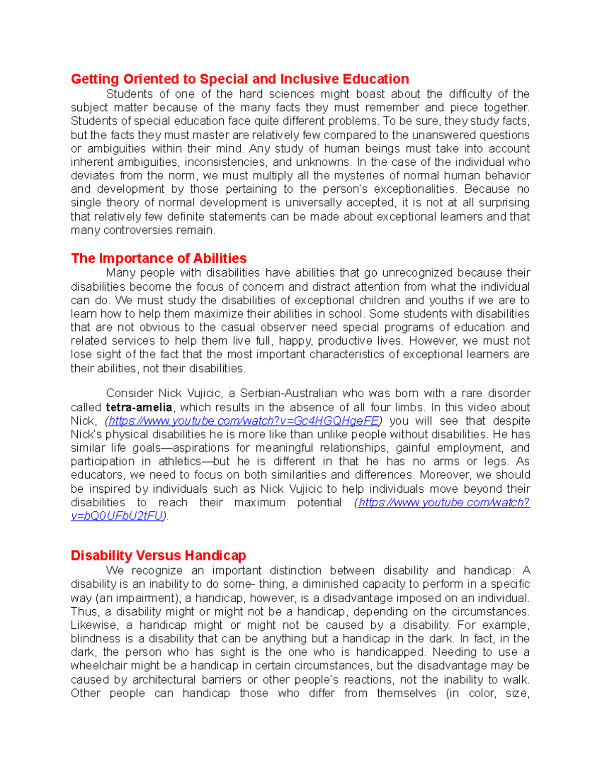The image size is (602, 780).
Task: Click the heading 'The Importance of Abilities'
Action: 159,258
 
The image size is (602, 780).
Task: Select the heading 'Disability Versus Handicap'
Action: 158,555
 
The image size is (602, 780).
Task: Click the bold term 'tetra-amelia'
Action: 139,407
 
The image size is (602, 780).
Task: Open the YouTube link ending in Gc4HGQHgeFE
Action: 243,421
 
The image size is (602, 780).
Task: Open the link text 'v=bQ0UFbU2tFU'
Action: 117,516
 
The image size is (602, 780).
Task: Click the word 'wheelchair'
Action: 99,666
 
